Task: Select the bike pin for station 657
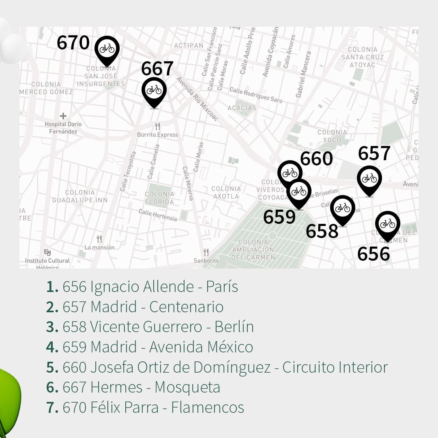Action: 369,179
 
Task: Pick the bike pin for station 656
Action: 387,224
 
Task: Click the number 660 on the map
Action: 316,159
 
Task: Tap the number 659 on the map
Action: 279,217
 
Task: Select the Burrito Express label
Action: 157,135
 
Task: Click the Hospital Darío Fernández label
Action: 63,128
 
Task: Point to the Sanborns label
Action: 206,260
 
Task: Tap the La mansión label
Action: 99,247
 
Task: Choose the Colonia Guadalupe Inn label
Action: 80,196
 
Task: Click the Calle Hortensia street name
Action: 158,215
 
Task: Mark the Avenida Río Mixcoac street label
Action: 197,99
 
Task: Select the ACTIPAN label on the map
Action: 189,45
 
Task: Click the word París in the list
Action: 222,287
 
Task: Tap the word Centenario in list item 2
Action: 186,307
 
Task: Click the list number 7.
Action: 52,408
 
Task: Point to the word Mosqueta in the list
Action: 187,387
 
